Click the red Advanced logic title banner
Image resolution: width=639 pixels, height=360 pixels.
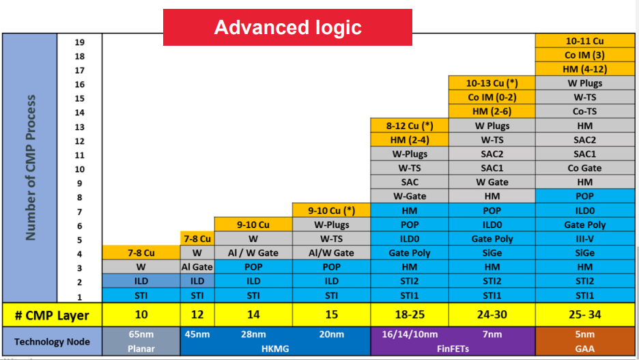(x=287, y=27)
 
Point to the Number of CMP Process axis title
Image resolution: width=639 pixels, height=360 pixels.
(x=31, y=167)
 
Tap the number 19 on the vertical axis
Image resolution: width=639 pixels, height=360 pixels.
(x=79, y=42)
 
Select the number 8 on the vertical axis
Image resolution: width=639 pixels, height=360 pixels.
(x=79, y=197)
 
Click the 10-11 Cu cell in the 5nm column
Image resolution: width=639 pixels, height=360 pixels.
(x=585, y=41)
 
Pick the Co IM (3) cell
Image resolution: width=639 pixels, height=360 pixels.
(x=585, y=55)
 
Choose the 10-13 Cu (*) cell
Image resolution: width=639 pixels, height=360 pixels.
(x=492, y=83)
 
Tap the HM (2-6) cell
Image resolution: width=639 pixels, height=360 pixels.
(x=492, y=111)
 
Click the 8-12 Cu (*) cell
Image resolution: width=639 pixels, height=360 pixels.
(x=410, y=126)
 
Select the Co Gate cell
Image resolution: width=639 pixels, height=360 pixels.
(x=585, y=168)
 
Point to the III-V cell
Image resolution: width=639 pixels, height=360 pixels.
(x=585, y=238)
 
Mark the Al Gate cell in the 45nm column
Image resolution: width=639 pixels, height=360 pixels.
(x=197, y=266)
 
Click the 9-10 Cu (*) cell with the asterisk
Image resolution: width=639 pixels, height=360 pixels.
(x=331, y=210)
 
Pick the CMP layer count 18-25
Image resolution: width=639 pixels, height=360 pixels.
(x=410, y=314)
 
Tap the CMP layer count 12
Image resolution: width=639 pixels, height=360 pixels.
(x=197, y=314)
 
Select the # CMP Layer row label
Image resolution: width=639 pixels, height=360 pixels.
(x=52, y=315)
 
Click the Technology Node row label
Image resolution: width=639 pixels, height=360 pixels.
(x=52, y=342)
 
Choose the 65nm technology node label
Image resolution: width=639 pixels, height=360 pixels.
(x=141, y=334)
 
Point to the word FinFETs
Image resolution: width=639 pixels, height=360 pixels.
(x=453, y=349)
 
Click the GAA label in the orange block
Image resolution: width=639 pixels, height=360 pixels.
(x=585, y=349)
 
